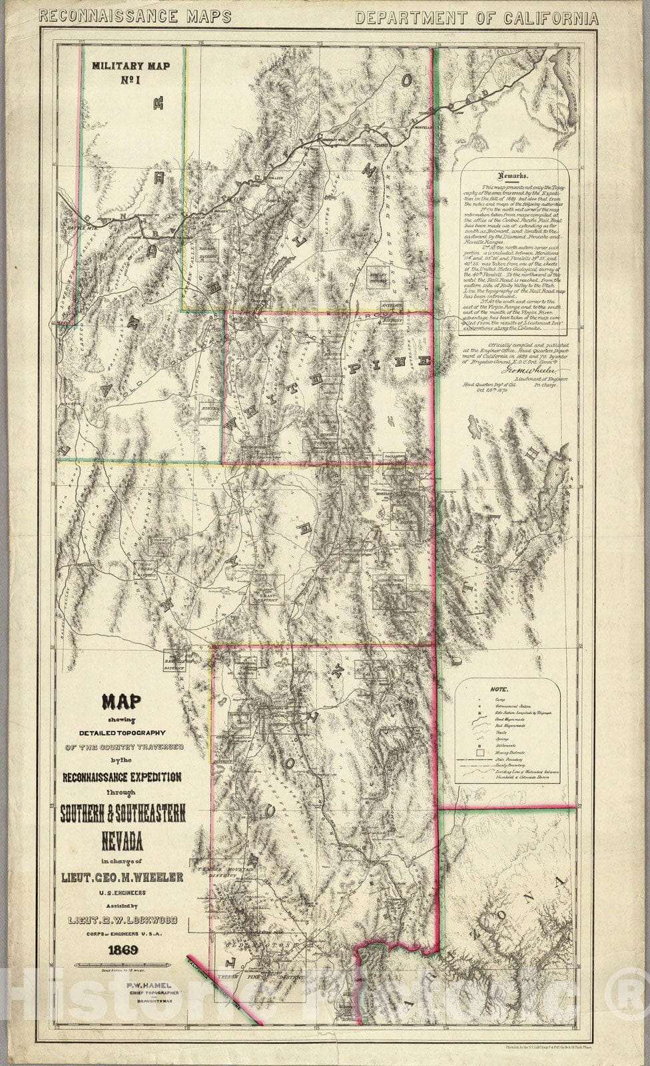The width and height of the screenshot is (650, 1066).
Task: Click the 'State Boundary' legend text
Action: tap(511, 760)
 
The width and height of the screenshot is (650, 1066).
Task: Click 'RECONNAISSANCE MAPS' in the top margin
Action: tap(135, 17)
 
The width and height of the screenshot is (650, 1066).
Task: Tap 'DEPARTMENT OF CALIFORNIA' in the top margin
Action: tap(476, 18)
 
